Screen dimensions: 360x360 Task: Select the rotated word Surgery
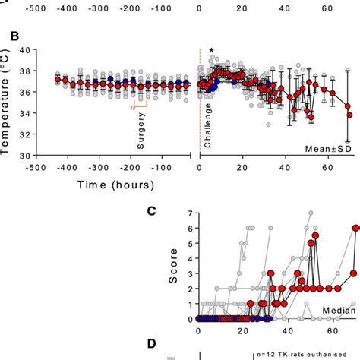(141, 131)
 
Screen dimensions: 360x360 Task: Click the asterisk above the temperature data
(211, 52)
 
